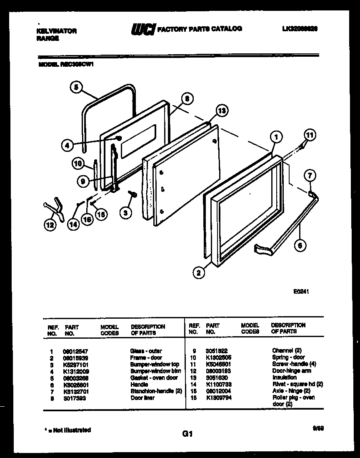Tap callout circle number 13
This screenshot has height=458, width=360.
click(222, 111)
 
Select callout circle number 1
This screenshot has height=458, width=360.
click(276, 136)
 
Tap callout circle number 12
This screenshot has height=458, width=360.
click(50, 226)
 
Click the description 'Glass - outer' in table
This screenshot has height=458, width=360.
click(146, 351)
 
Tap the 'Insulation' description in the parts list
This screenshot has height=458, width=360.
click(284, 377)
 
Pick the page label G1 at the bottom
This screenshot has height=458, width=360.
click(187, 434)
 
